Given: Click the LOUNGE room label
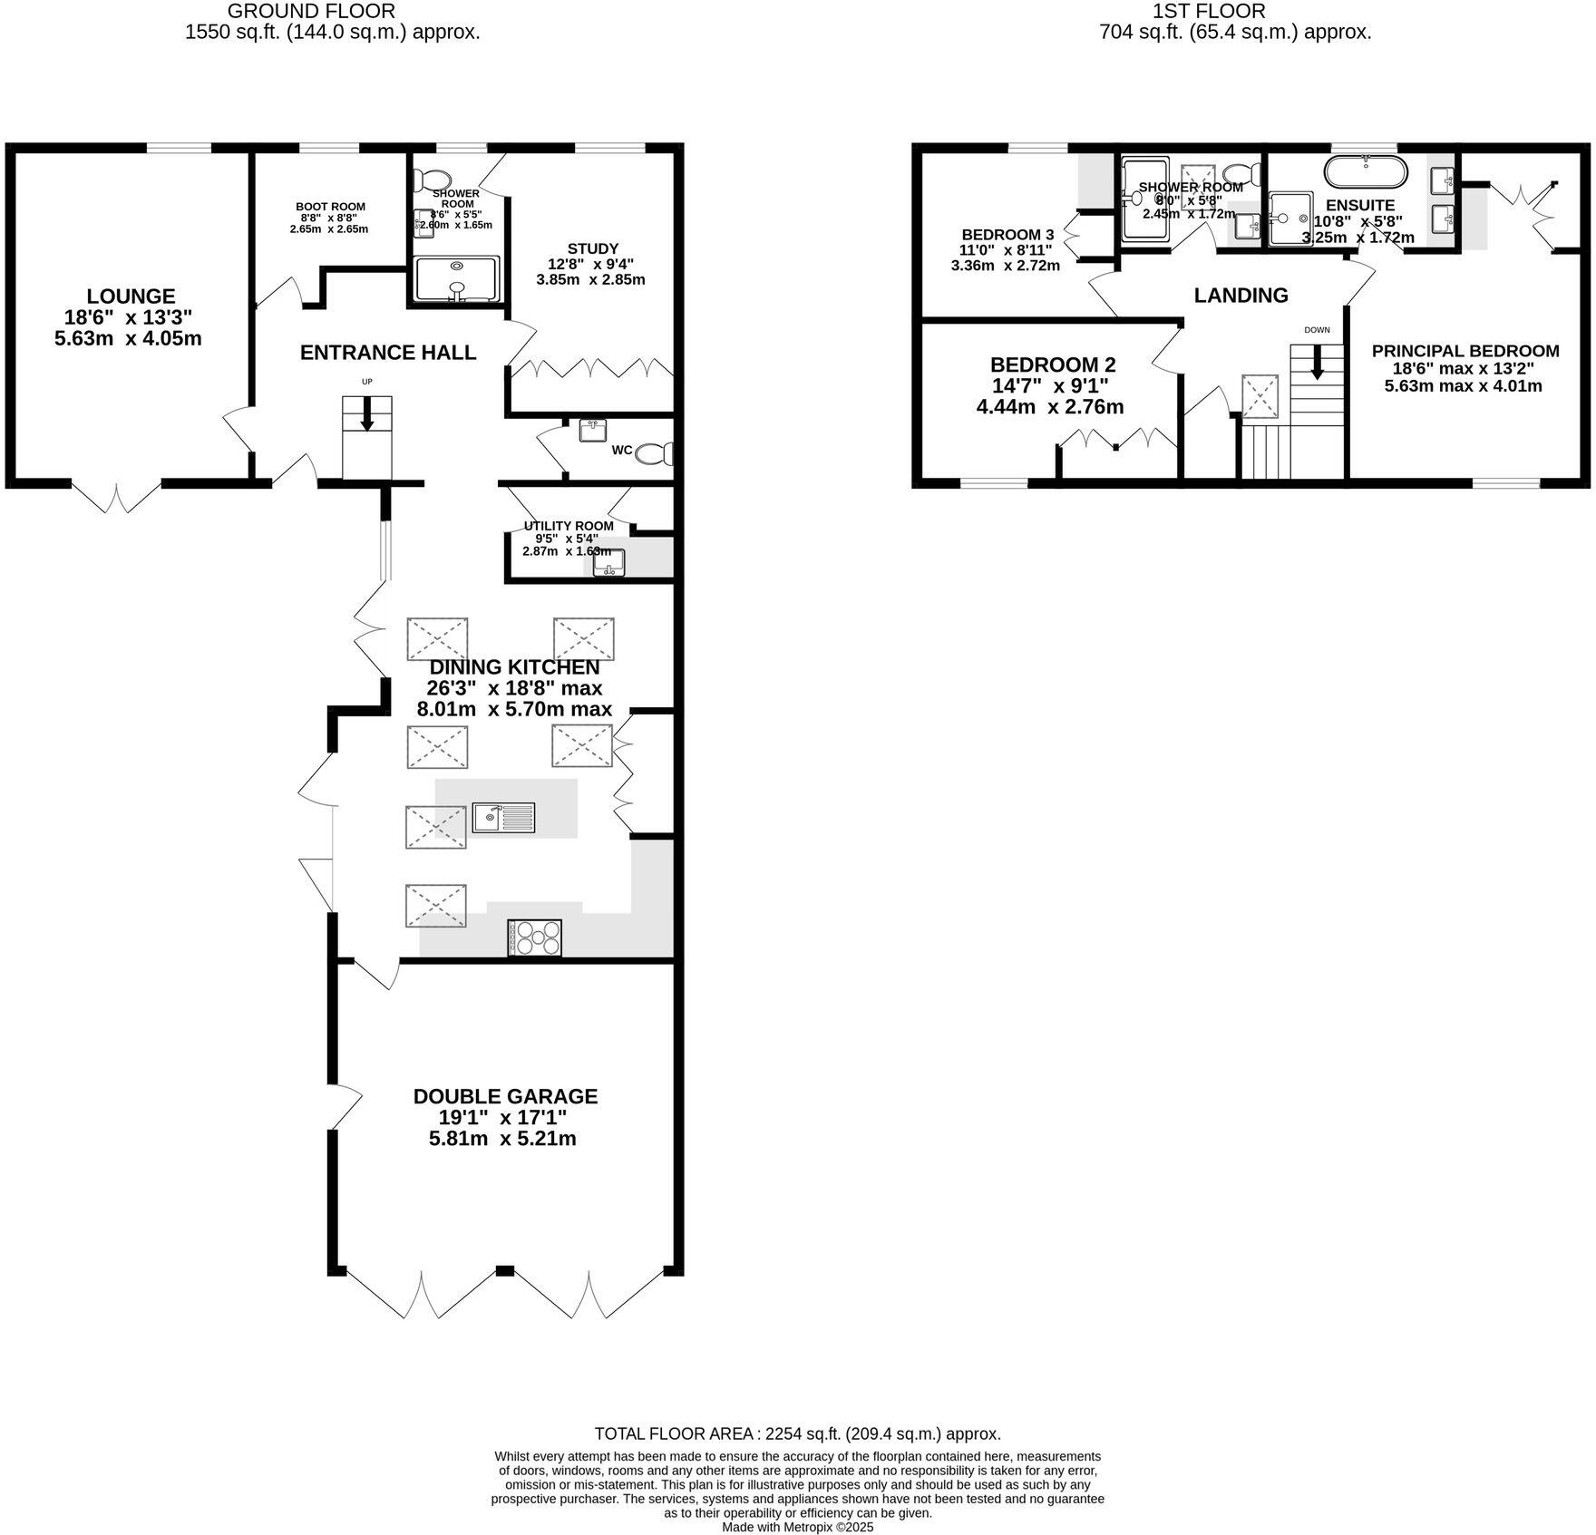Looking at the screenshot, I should pos(131,296).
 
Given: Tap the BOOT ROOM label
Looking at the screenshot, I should pos(330,207).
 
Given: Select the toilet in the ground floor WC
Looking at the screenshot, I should pos(656,453).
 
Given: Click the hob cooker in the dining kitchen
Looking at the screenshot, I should pos(536,938).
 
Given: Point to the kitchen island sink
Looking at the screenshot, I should pos(504,818).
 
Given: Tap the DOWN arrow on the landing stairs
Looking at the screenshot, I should pos(1317,364).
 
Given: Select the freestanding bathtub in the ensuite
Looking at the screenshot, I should pos(1366,170).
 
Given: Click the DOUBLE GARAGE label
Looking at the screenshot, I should pos(505,1096).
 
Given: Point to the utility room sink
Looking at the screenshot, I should pos(609,564).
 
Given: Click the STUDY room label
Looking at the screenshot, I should pos(592,248).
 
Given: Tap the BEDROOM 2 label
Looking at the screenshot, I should pos(1052,364).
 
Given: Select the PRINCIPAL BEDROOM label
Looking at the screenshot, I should pos(1465,351).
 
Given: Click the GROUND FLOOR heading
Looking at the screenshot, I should pos(310,11).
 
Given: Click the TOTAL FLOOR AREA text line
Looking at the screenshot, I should pos(797,1433).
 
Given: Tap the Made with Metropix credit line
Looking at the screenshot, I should pos(797,1527).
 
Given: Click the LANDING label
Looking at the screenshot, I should pos(1241,295).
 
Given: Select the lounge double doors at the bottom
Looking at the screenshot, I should pos(116,498).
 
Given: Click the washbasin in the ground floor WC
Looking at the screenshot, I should pos(594,430).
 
